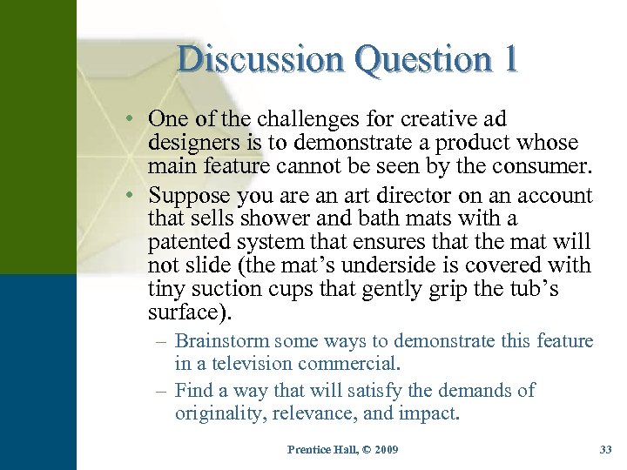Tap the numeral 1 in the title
pos(509,59)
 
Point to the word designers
pos(192,142)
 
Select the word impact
pos(429,413)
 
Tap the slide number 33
pos(606,449)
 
